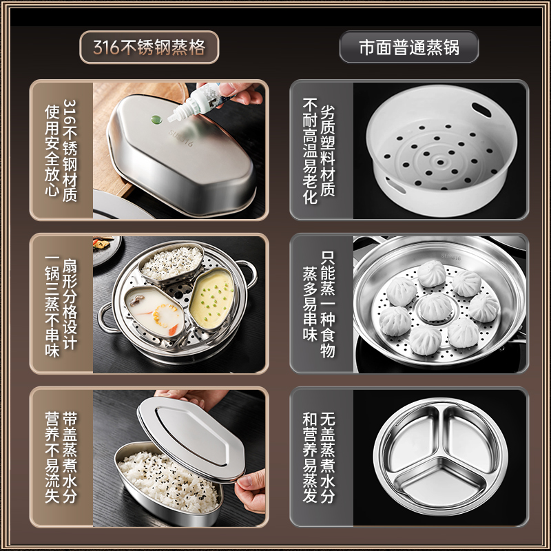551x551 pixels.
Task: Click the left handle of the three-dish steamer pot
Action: tap(105, 318)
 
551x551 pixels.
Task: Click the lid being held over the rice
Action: tap(189, 430)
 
